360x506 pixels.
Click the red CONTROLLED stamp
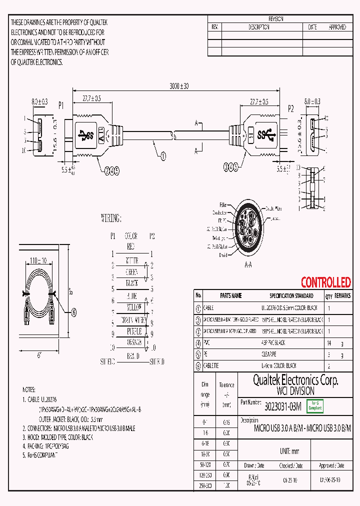[x=325, y=282]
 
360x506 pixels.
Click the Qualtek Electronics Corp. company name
[x=295, y=380]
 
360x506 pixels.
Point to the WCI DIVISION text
[x=295, y=391]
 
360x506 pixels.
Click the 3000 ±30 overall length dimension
[x=178, y=86]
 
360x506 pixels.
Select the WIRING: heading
[x=111, y=218]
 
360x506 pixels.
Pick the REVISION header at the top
[x=276, y=18]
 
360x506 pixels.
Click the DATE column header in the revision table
[x=312, y=27]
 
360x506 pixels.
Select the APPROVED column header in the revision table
[x=337, y=27]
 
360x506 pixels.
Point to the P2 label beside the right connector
[x=291, y=107]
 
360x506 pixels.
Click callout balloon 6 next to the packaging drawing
[x=74, y=312]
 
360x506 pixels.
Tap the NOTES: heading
[x=29, y=389]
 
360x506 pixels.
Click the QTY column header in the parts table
[x=328, y=296]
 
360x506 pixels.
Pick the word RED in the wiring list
[x=131, y=246]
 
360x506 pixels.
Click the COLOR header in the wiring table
[x=131, y=235]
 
